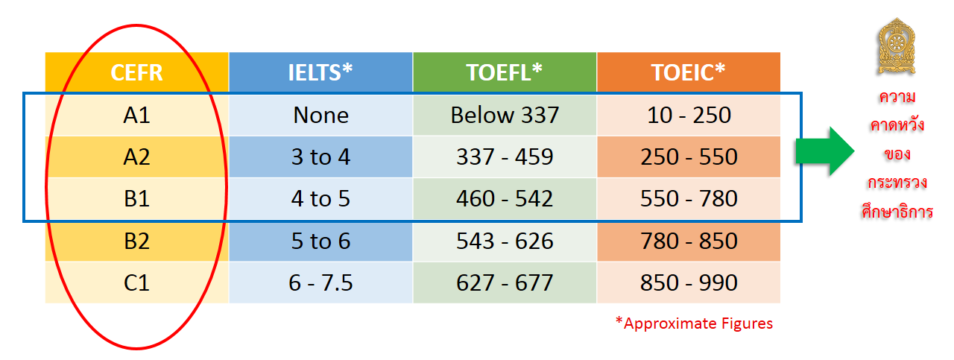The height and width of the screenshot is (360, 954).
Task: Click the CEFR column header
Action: pos(136,72)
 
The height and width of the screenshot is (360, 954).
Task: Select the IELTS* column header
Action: pos(320,72)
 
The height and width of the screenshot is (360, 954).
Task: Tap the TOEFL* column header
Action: pos(505,72)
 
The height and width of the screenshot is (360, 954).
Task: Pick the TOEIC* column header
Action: pos(688,72)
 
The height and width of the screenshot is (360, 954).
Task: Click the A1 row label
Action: pos(136,115)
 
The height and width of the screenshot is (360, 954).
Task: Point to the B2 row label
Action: pos(136,241)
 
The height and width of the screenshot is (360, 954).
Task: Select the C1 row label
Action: pos(136,282)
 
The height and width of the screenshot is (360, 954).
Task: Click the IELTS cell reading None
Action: pos(320,115)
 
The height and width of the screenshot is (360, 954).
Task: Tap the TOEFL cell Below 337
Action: pos(505,115)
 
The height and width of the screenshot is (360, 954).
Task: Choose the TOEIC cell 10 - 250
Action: pos(688,115)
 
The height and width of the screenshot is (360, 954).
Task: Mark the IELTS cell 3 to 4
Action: pos(320,157)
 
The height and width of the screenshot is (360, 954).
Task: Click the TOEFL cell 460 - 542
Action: pos(505,198)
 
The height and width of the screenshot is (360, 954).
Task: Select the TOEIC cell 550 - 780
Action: pos(688,198)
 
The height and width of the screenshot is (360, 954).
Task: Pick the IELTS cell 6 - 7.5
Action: pos(320,282)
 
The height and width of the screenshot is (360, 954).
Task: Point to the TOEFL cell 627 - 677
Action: pos(505,282)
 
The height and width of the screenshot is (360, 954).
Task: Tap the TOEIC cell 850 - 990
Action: pos(688,282)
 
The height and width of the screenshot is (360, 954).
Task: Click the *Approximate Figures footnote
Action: pos(693,323)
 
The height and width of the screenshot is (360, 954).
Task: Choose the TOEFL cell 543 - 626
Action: pos(505,241)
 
